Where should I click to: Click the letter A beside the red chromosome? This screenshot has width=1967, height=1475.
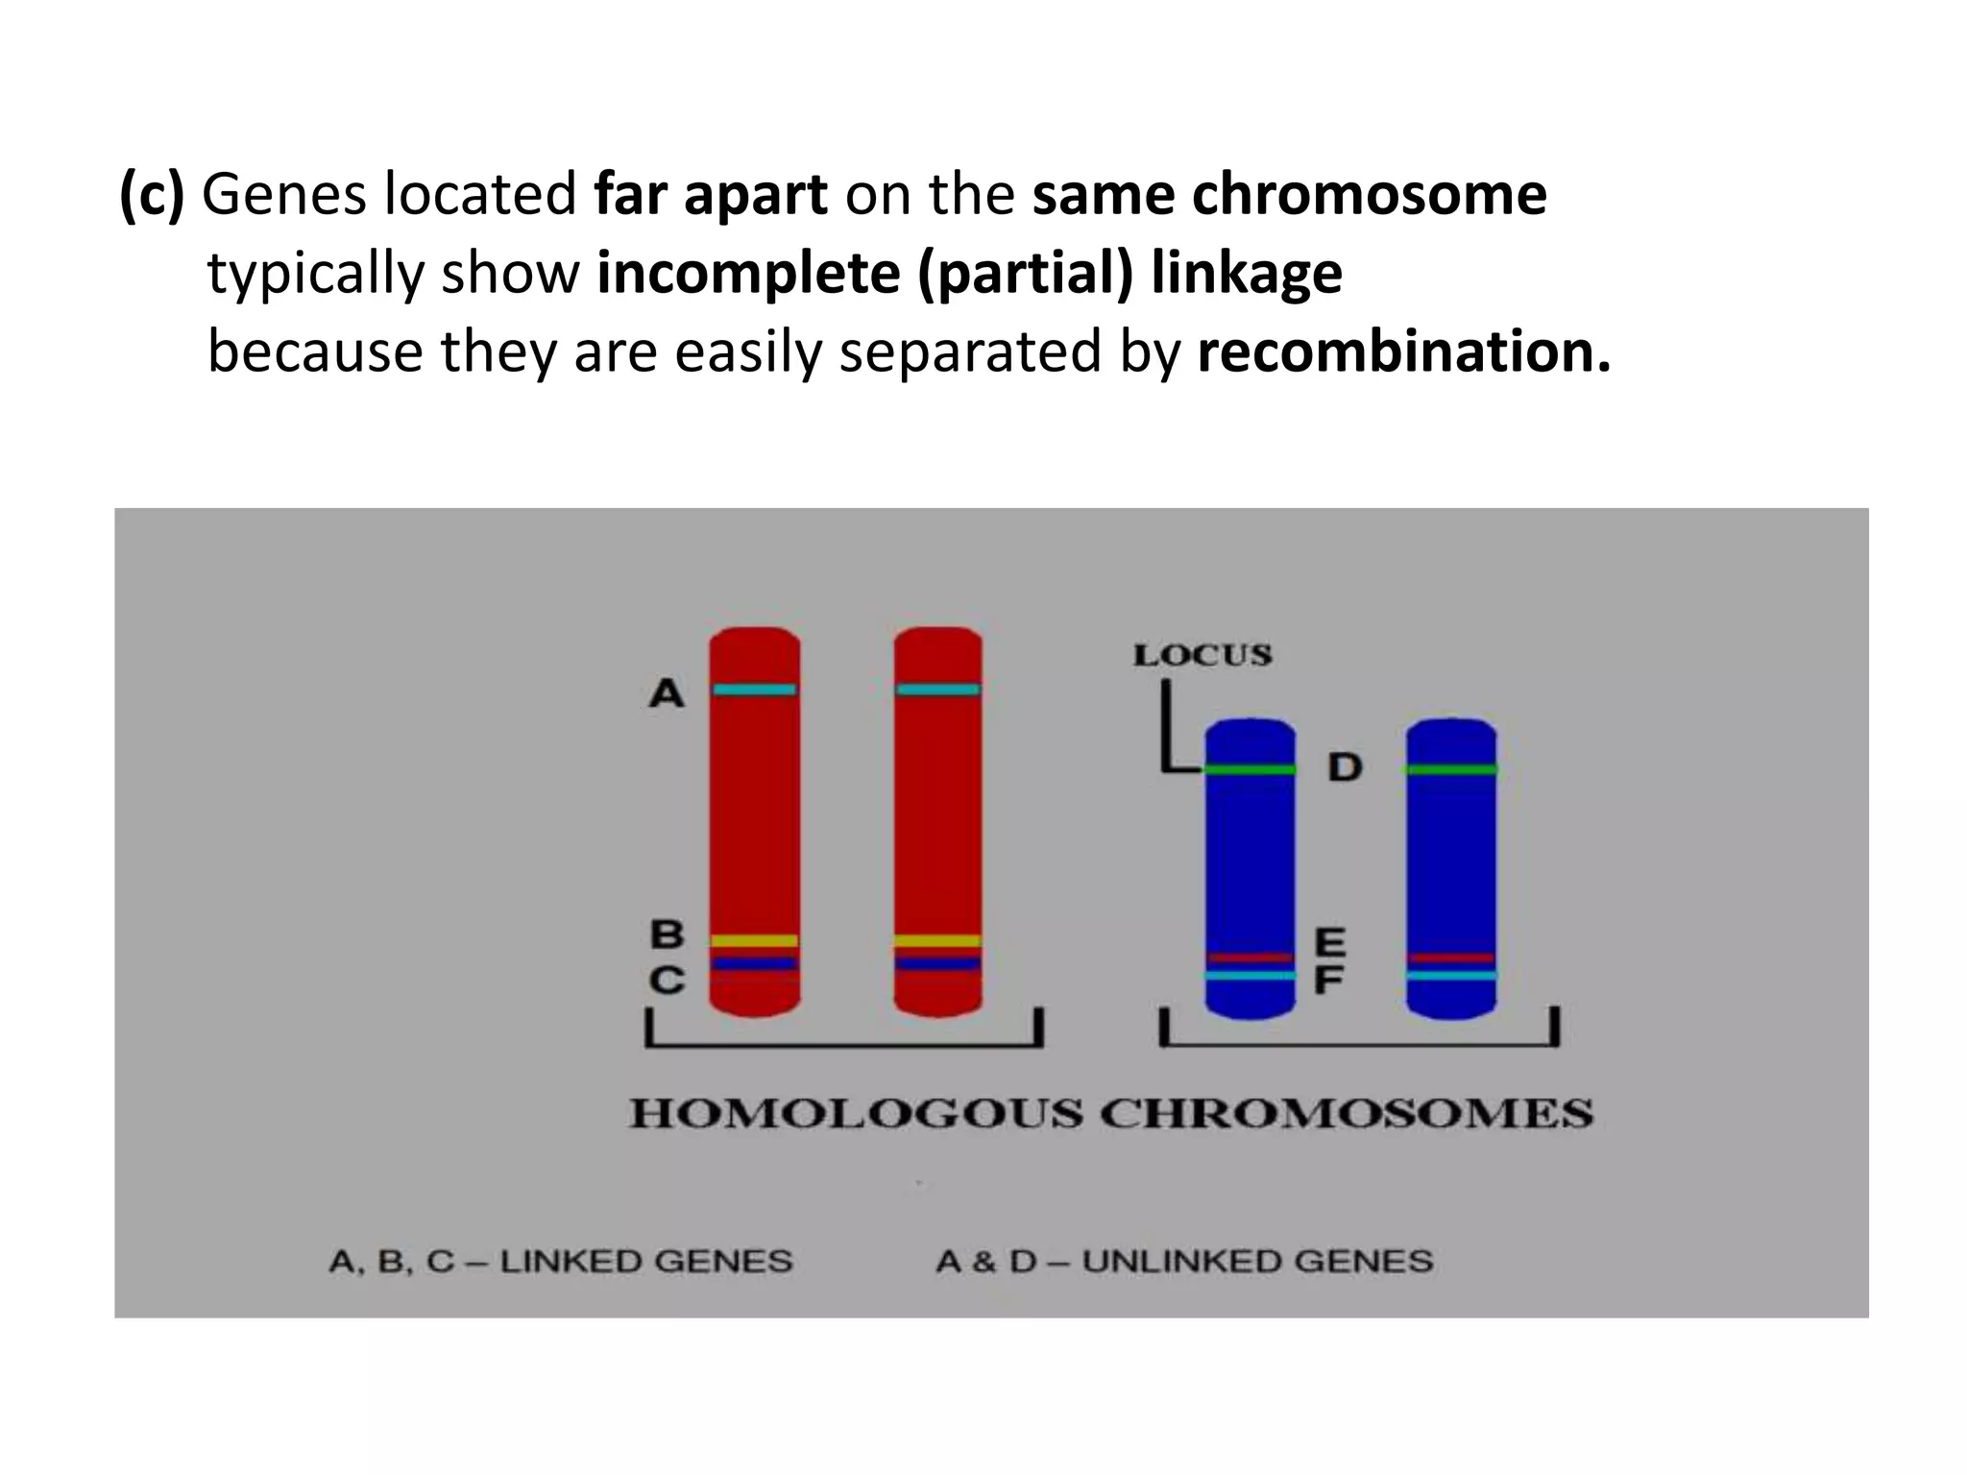coord(667,692)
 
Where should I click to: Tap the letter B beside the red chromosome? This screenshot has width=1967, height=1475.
coord(668,933)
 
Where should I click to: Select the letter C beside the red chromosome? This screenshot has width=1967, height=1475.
coord(668,979)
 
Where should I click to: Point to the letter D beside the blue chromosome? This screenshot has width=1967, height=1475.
coord(1345,767)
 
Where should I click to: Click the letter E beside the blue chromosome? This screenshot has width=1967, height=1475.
coord(1329,942)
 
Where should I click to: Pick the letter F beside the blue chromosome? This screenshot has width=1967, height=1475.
coord(1328,980)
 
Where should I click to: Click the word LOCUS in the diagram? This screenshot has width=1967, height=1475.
coord(1202,656)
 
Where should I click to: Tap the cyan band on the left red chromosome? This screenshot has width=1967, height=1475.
coord(755,689)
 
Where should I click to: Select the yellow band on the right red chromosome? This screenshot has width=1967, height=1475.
coord(937,940)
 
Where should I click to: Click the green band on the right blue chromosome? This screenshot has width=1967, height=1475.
coord(1451,769)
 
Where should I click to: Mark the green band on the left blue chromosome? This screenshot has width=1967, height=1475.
coord(1250,769)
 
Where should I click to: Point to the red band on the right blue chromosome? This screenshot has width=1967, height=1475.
coord(1451,957)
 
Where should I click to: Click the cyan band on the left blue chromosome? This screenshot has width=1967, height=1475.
coord(1250,976)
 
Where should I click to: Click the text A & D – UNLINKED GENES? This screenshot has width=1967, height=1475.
coord(1184,1261)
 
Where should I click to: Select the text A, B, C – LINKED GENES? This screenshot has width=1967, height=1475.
coord(561,1261)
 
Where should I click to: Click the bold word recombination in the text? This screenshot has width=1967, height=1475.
coord(1403,351)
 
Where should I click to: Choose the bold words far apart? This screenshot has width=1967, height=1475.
coord(711,194)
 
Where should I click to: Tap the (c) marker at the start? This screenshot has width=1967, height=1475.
coord(151,194)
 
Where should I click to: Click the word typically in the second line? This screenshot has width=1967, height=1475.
coord(316,274)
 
